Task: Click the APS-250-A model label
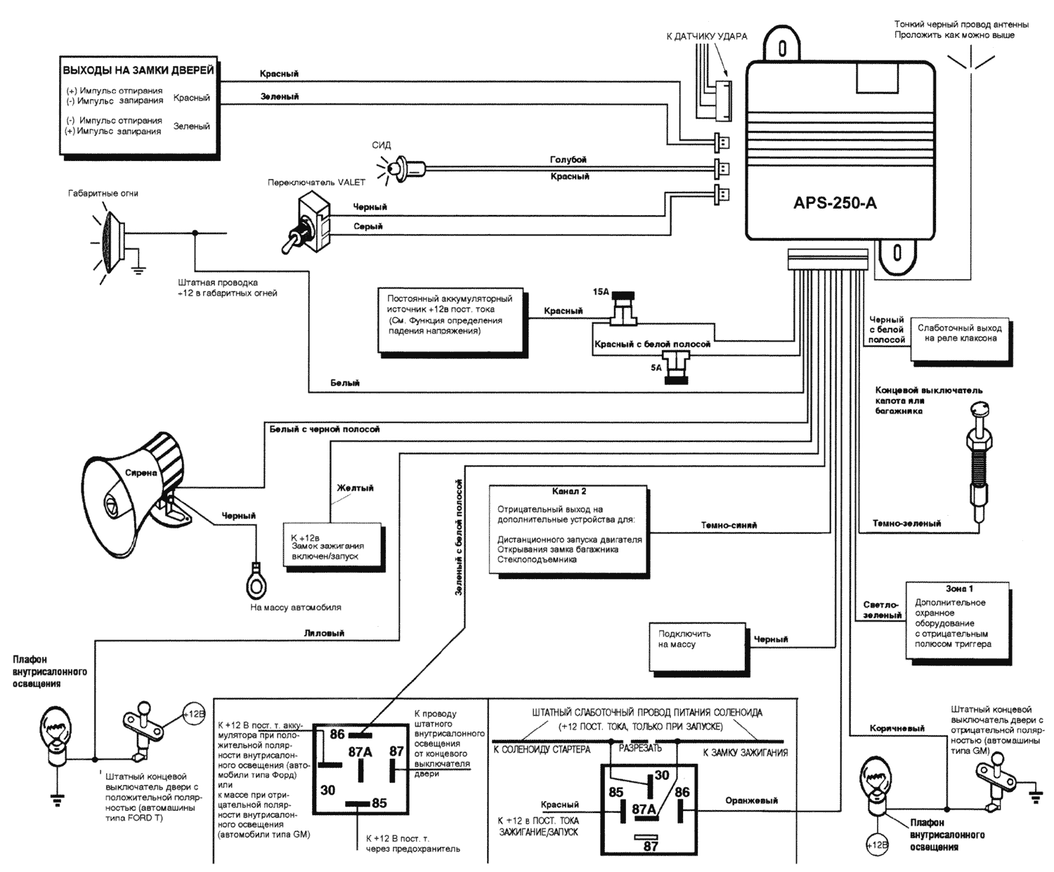click(835, 204)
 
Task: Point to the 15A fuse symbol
click(623, 309)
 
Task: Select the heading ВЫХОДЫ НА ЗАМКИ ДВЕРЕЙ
click(138, 71)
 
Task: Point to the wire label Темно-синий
click(729, 525)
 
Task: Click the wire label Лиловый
click(324, 633)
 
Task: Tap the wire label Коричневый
click(897, 729)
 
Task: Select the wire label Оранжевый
click(751, 800)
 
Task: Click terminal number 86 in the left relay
click(337, 734)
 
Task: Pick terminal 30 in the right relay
click(661, 775)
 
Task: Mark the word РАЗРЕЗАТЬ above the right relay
click(640, 748)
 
